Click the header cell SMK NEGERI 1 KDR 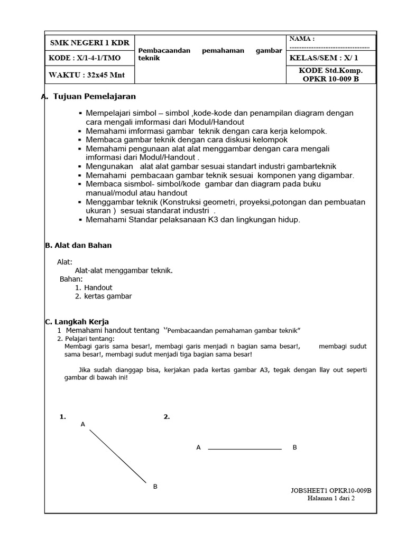[x=89, y=43]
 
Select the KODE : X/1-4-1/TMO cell [x=85, y=58]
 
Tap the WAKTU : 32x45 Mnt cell [x=87, y=75]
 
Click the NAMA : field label [x=302, y=39]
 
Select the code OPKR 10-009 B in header [x=331, y=79]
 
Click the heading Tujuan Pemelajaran [x=94, y=97]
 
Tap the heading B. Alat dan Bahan [x=78, y=245]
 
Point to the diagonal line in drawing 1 [x=117, y=456]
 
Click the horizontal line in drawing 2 [x=245, y=449]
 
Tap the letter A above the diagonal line [x=83, y=424]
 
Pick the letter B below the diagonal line [x=155, y=487]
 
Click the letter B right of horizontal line [x=294, y=447]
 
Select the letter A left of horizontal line [x=198, y=447]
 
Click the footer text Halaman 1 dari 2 [x=331, y=498]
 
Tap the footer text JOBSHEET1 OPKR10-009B [x=331, y=490]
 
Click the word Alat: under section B [x=65, y=262]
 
